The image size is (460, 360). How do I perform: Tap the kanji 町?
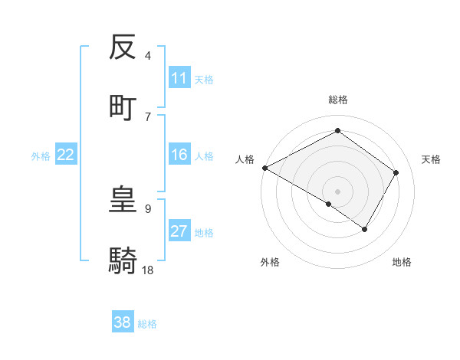pyautogui.click(x=123, y=107)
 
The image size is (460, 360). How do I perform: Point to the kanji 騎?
pyautogui.click(x=123, y=260)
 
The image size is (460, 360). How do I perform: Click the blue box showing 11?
pyautogui.click(x=179, y=78)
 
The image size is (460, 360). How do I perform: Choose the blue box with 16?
pyautogui.click(x=179, y=155)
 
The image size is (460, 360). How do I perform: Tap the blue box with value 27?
pyautogui.click(x=179, y=232)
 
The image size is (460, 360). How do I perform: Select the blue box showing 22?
pyautogui.click(x=66, y=155)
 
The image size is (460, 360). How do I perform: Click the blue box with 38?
pyautogui.click(x=123, y=322)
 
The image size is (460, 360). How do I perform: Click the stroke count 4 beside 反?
pyautogui.click(x=148, y=56)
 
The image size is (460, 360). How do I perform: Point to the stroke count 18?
pyautogui.click(x=149, y=270)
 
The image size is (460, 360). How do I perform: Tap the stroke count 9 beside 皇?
pyautogui.click(x=148, y=208)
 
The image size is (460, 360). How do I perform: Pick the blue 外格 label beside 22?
pyautogui.click(x=41, y=156)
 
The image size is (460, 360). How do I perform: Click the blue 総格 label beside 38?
pyautogui.click(x=147, y=323)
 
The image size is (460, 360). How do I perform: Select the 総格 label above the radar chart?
pyautogui.click(x=337, y=100)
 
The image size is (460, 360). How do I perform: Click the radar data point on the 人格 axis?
pyautogui.click(x=264, y=168)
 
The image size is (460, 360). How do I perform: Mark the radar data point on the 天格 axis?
pyautogui.click(x=396, y=172)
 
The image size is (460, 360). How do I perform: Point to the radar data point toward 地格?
pyautogui.click(x=365, y=229)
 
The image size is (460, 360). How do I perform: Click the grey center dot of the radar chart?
pyautogui.click(x=337, y=191)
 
